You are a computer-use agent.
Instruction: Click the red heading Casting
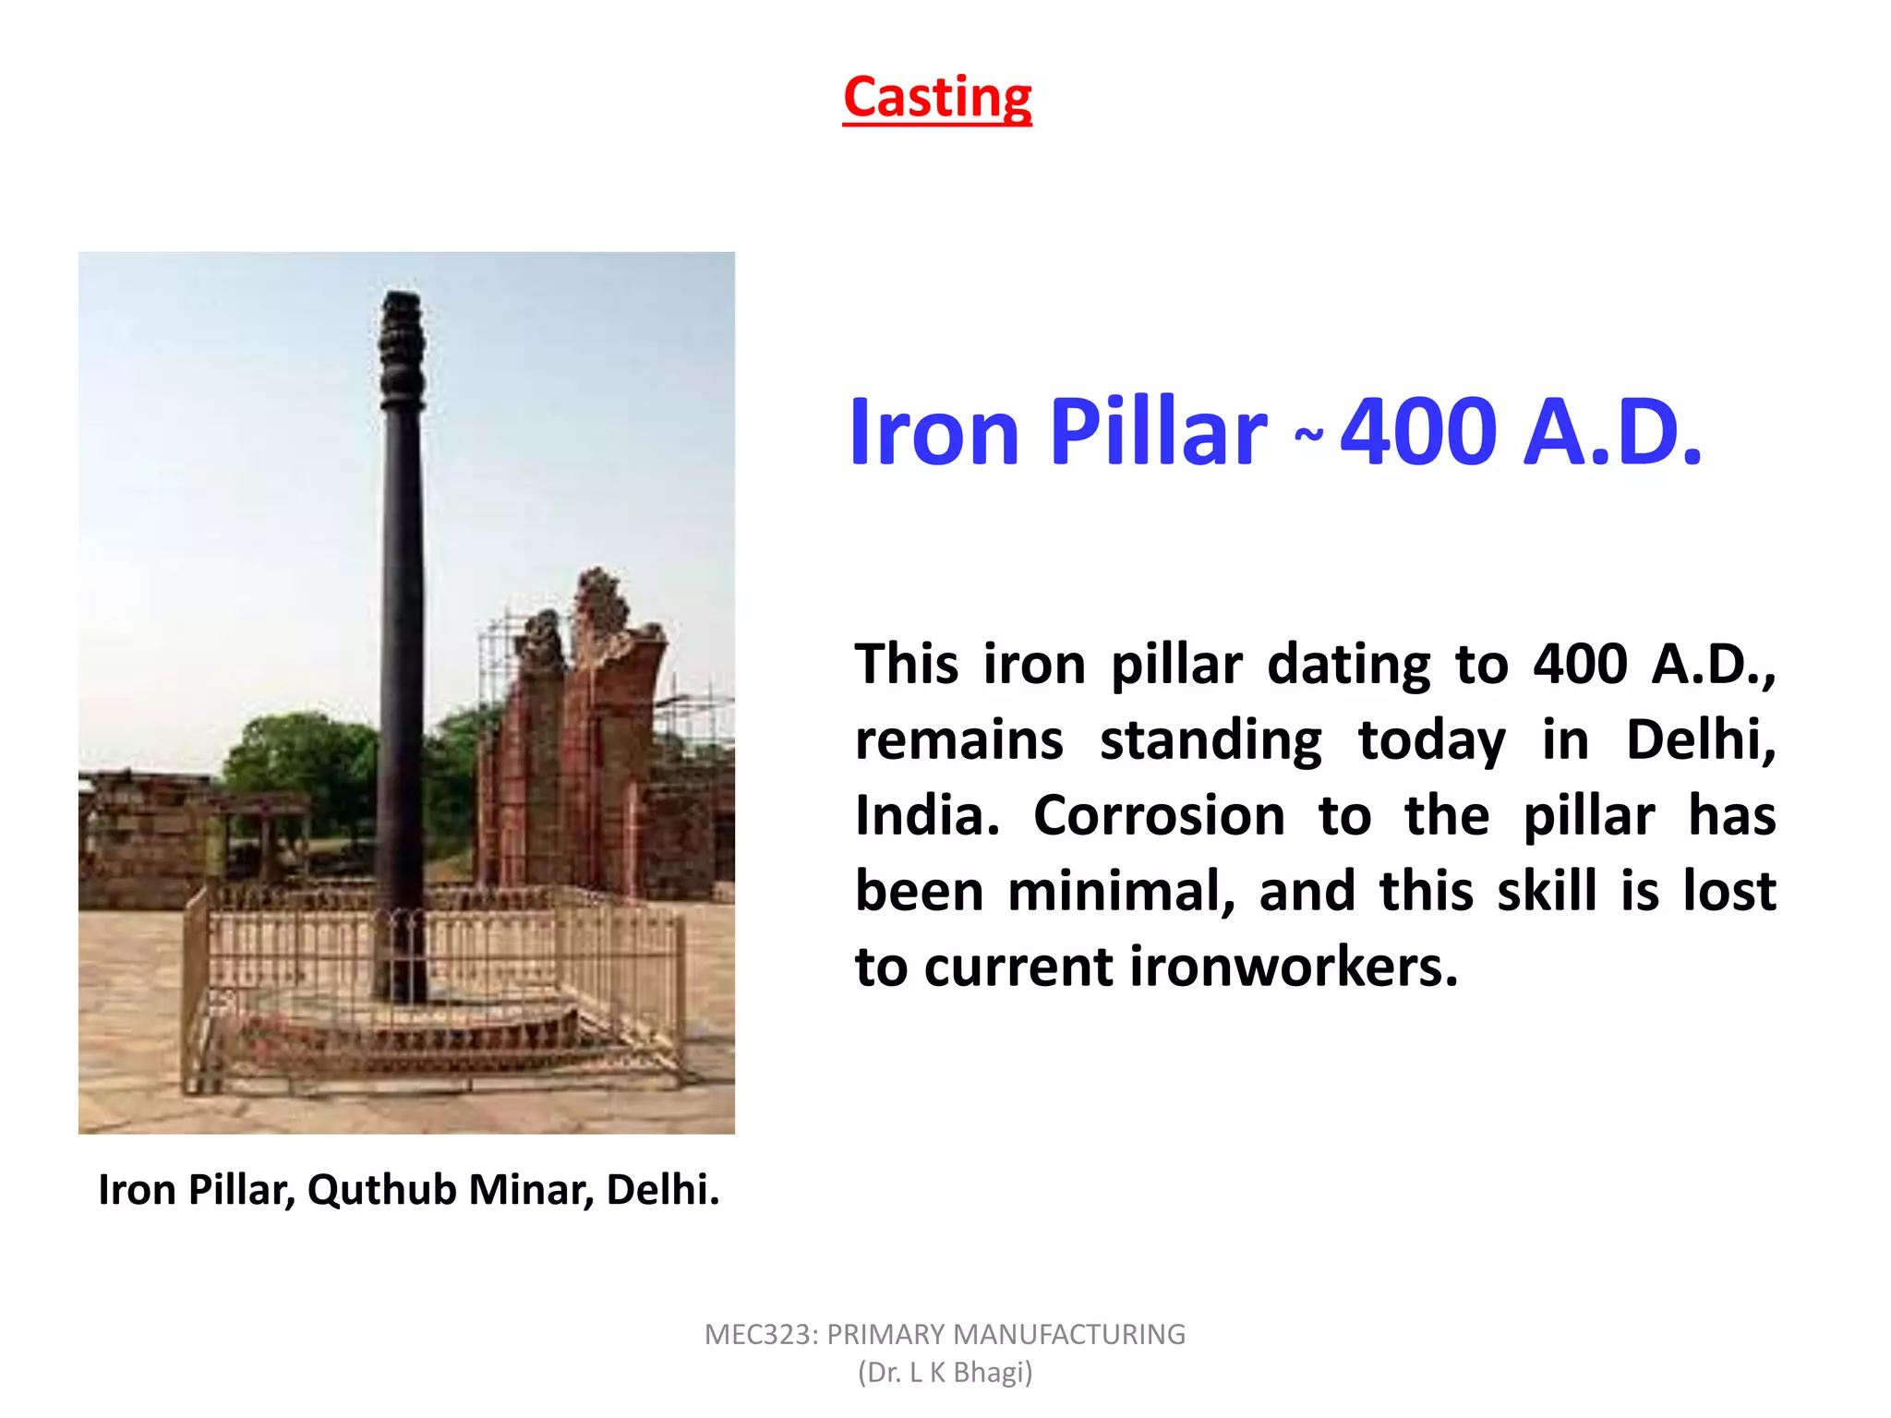(937, 97)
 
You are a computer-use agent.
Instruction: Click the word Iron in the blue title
(933, 432)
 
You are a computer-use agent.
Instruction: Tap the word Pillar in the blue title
(1159, 432)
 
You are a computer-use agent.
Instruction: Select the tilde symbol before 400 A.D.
(1308, 434)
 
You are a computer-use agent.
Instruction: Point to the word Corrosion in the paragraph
(1159, 816)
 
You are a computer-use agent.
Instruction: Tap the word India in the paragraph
(926, 816)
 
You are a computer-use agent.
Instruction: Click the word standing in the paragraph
(1210, 740)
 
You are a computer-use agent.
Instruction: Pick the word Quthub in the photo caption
(382, 1190)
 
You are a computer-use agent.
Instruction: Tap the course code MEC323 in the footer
(760, 1335)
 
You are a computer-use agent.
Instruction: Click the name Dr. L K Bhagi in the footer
(945, 1373)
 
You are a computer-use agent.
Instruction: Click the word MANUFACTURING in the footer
(1069, 1335)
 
